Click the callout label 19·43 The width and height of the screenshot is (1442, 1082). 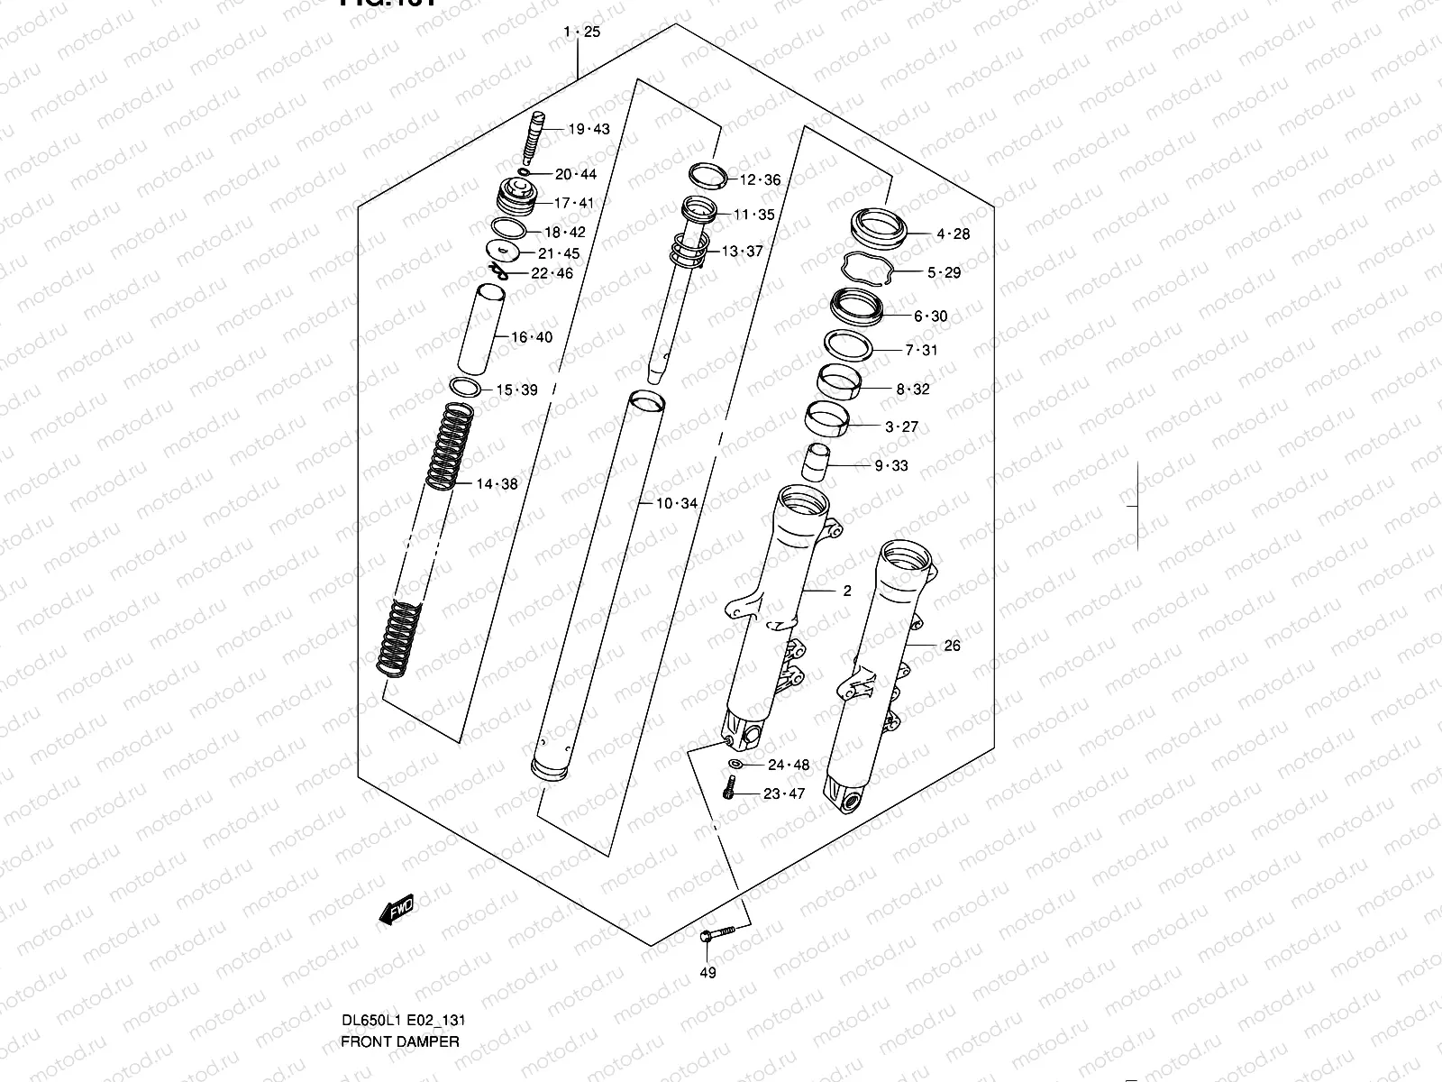589,129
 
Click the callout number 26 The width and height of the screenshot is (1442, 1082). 952,646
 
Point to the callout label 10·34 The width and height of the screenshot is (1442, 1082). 676,503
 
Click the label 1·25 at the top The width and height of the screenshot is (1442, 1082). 580,32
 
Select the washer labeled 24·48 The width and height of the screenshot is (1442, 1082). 735,766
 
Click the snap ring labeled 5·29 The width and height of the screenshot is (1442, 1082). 867,268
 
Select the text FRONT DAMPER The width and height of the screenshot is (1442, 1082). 399,1041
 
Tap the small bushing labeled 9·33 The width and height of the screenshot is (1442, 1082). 817,463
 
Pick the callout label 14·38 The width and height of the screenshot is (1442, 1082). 497,484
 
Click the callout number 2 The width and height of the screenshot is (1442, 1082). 846,591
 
